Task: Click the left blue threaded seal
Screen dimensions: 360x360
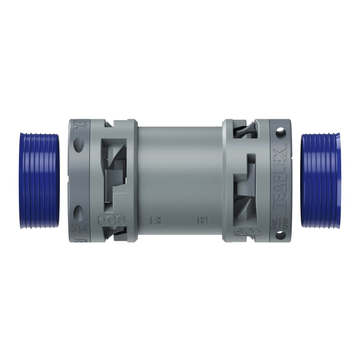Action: point(40,180)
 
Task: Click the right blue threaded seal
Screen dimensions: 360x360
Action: point(320,180)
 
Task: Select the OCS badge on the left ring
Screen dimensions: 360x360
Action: point(111,220)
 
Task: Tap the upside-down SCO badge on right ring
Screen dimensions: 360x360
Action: point(247,231)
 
